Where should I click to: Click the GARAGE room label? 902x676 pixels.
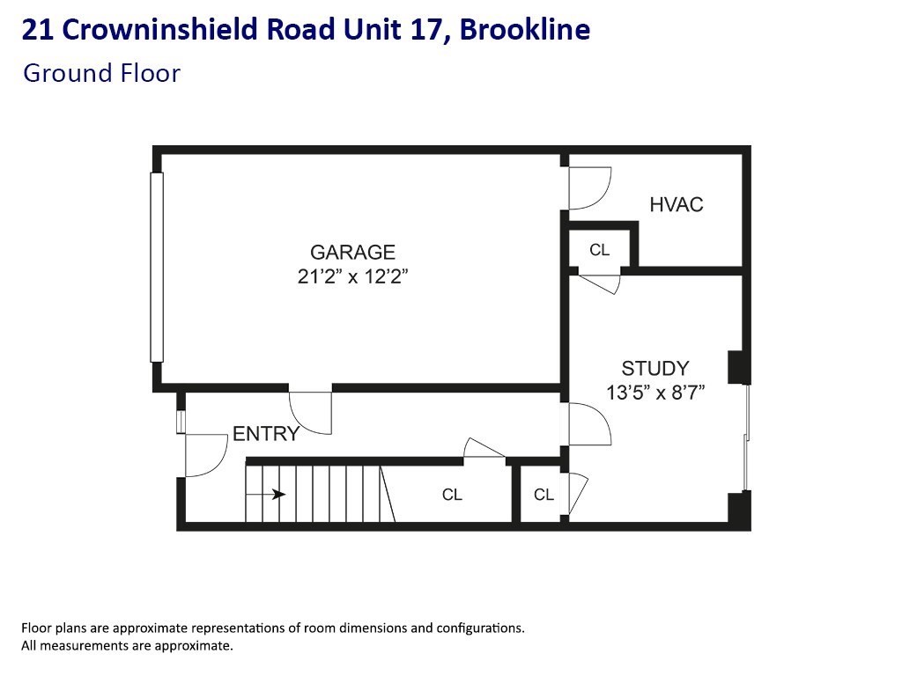352,253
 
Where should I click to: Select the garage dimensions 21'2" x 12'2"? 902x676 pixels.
352,276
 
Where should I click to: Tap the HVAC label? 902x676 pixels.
676,205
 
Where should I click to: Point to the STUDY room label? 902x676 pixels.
655,369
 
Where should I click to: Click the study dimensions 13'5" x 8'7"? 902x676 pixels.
655,393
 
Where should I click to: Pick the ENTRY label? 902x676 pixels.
266,434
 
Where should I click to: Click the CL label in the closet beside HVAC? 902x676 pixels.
599,250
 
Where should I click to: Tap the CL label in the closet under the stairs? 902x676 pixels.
452,496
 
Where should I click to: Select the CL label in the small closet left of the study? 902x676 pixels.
544,496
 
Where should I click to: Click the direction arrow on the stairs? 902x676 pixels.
266,495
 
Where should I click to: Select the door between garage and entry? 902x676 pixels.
311,411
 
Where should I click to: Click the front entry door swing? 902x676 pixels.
204,455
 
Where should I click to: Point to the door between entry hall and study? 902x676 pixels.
588,424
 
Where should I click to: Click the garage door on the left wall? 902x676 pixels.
157,268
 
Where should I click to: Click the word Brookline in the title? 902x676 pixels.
526,30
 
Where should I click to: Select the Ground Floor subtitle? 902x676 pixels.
101,73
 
